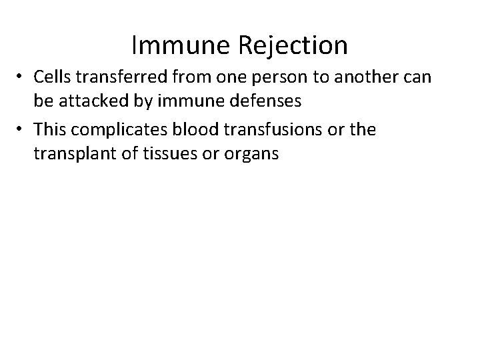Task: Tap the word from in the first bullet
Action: click(189, 77)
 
